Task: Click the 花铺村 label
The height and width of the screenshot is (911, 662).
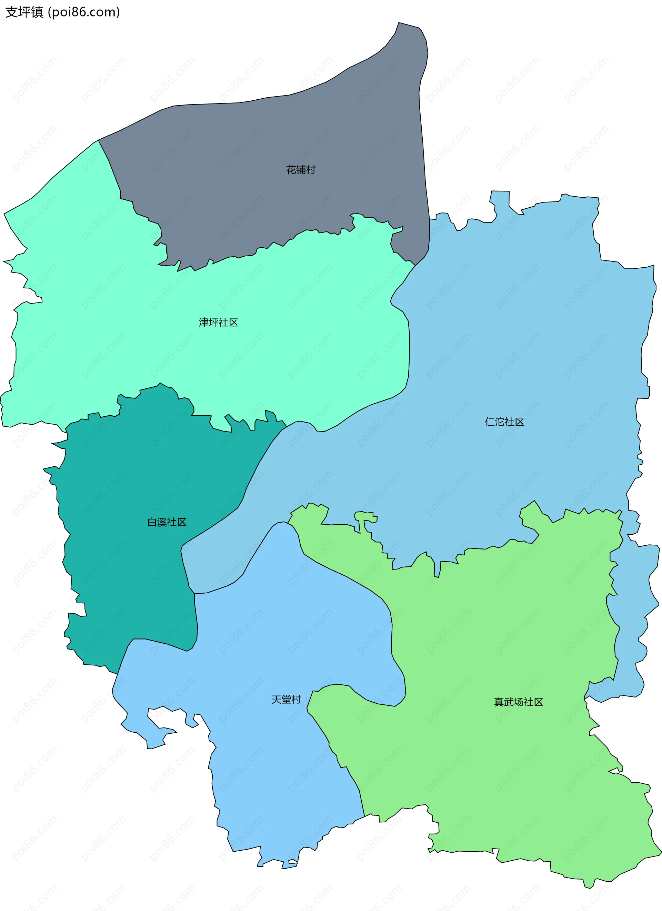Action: click(301, 170)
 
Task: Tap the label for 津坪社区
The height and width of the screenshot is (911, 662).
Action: click(218, 323)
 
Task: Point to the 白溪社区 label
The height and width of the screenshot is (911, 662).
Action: click(167, 522)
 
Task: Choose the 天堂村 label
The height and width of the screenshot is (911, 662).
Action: click(286, 700)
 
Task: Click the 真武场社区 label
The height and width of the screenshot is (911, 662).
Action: click(518, 702)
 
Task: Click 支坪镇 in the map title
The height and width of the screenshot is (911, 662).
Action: click(24, 12)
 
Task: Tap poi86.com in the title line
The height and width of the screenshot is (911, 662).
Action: click(83, 12)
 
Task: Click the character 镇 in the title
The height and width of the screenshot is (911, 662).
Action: click(37, 12)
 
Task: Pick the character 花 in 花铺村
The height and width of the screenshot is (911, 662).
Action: click(291, 170)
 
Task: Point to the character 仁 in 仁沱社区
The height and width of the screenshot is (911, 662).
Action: click(490, 422)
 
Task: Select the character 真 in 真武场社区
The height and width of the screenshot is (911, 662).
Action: click(499, 702)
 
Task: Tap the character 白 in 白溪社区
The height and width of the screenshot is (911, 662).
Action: click(152, 522)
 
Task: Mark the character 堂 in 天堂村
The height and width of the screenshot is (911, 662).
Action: click(286, 700)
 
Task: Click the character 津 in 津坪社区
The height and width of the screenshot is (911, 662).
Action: click(204, 323)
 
